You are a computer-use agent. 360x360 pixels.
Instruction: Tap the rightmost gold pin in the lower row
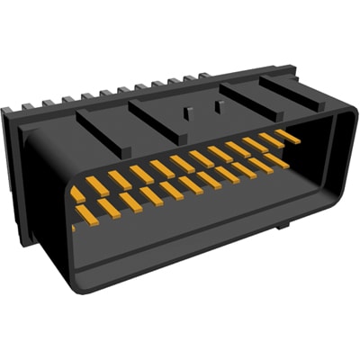pos(275,161)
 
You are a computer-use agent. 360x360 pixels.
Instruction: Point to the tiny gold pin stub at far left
pos(73,227)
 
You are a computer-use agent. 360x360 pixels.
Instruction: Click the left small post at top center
pos(186,114)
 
